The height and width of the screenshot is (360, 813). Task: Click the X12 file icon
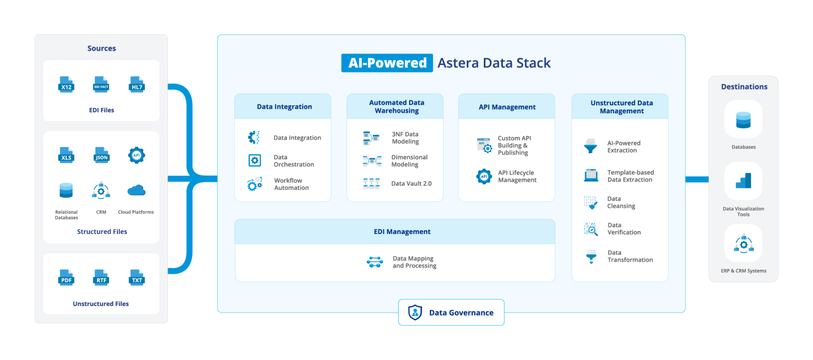(x=66, y=85)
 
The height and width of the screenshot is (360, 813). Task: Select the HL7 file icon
(x=137, y=85)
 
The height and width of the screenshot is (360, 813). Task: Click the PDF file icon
(x=66, y=278)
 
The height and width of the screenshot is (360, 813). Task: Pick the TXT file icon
(x=137, y=278)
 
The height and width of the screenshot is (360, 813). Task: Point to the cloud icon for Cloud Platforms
(x=136, y=191)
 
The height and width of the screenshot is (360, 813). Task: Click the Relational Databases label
(x=66, y=214)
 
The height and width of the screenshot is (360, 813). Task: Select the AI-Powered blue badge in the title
(x=387, y=63)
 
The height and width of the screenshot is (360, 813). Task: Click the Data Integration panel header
(x=284, y=106)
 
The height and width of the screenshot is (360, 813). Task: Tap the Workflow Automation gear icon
(x=255, y=184)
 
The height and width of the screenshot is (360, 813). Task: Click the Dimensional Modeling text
(x=409, y=161)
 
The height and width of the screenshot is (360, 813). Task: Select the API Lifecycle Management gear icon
(x=484, y=176)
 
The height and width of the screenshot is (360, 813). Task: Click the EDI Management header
(x=394, y=231)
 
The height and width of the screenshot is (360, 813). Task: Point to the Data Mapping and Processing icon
(x=375, y=262)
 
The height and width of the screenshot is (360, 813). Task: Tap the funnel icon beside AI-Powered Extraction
(x=590, y=147)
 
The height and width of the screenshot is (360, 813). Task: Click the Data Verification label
(x=624, y=229)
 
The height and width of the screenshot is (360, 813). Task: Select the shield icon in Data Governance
(x=415, y=312)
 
